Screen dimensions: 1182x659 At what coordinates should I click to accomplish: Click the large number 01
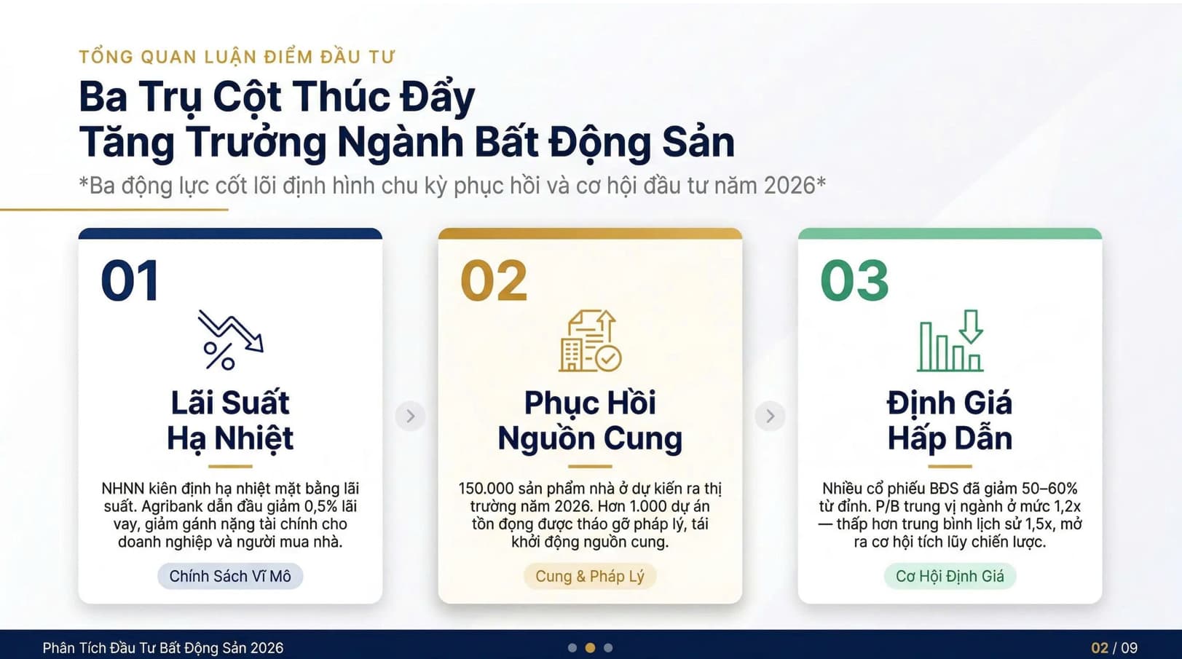click(x=130, y=280)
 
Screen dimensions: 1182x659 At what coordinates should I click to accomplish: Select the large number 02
click(x=494, y=280)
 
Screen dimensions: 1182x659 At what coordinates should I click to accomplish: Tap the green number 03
click(x=855, y=280)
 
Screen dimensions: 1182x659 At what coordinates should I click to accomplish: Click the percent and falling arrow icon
click(x=231, y=339)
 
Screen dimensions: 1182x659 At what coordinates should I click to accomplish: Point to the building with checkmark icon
click(x=590, y=340)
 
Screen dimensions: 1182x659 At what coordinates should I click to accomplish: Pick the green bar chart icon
click(x=950, y=340)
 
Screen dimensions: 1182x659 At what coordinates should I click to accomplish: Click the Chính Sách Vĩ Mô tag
click(x=230, y=576)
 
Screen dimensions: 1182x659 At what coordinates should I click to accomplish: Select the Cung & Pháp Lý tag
click(x=590, y=576)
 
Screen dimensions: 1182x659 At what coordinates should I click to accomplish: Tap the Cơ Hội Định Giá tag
click(x=950, y=576)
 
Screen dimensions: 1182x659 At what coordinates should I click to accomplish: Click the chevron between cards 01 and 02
click(x=410, y=416)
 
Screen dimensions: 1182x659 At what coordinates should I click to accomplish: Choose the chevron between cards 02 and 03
click(x=770, y=416)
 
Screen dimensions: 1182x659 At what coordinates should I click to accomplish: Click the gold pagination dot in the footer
click(x=591, y=647)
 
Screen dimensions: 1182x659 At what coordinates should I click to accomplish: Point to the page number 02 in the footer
click(x=1100, y=647)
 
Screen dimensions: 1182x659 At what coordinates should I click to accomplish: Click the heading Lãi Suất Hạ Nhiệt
click(x=230, y=420)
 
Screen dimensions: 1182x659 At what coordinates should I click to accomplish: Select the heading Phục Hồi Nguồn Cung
click(x=590, y=420)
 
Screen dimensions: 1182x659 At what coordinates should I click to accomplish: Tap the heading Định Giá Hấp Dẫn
click(x=950, y=420)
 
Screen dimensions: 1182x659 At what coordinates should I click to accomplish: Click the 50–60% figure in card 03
click(x=1049, y=489)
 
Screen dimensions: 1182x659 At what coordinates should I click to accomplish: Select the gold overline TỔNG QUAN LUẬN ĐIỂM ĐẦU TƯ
click(x=237, y=57)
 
